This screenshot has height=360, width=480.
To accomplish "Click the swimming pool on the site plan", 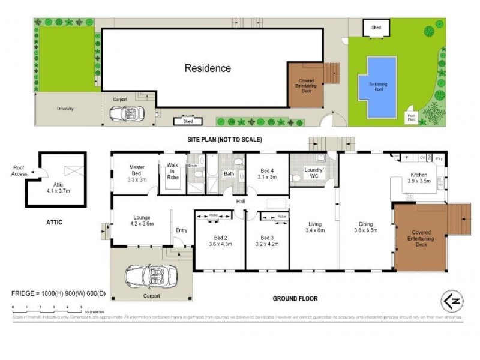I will coord(378,88).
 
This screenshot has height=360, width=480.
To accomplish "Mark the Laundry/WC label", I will coord(314,174).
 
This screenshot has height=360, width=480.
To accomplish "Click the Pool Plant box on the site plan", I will coord(412,116).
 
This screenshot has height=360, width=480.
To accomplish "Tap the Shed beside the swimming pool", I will coord(376,28).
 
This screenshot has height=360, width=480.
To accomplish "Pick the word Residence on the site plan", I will coord(207,68).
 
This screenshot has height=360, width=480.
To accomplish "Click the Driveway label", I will coord(65,109).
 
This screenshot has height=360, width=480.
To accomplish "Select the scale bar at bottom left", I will coord(48,309).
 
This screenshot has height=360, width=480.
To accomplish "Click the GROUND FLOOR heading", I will coord(295,298).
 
